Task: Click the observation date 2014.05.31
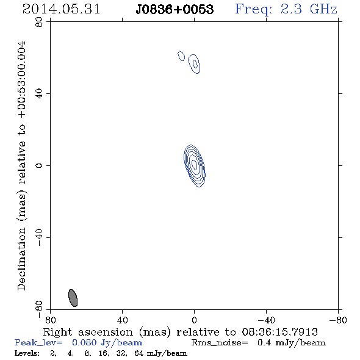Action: pos(61,9)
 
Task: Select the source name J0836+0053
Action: pos(175,9)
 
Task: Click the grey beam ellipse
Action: pos(73,298)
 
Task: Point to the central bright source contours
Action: pos(195,166)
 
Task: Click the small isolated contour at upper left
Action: pos(181,56)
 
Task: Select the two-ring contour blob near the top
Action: pos(194,64)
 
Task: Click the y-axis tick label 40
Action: pos(39,94)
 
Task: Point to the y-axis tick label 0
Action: pos(39,165)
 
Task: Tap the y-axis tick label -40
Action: pos(39,237)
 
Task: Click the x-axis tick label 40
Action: pos(122,320)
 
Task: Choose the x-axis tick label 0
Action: pos(194,320)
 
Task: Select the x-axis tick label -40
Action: pos(266,320)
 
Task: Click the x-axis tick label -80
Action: pos(338,320)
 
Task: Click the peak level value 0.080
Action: pos(84,342)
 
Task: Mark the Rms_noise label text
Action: pos(220,343)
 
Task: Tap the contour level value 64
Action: pos(139,353)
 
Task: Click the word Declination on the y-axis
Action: pos(21,259)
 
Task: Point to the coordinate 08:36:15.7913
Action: pos(279,332)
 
